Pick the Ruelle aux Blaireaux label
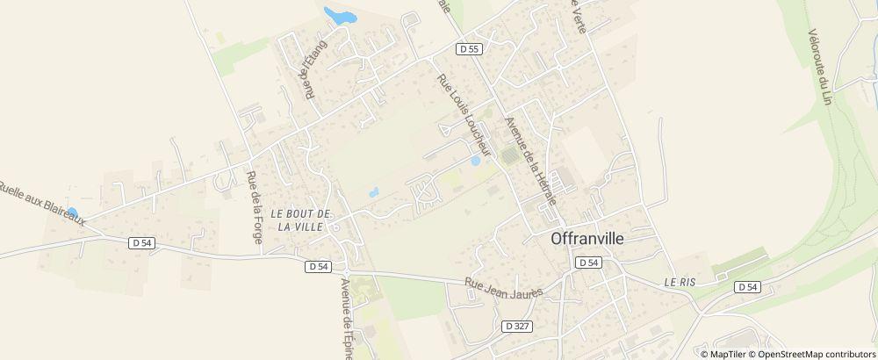click(42, 203)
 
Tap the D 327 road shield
click(517, 325)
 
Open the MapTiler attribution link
click(728, 353)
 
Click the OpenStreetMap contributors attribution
click(816, 353)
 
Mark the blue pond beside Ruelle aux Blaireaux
click(72, 212)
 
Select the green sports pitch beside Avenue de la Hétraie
click(509, 155)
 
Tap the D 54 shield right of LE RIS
click(747, 286)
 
